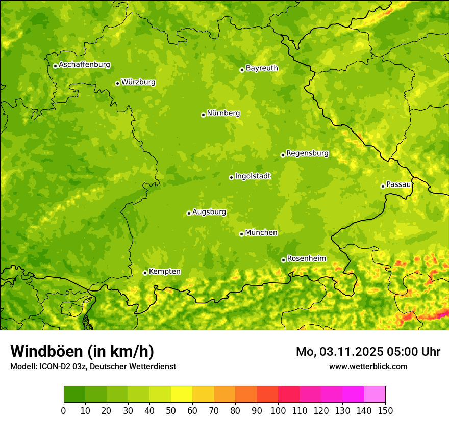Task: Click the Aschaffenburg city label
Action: [84, 65]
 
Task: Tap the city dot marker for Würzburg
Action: [117, 83]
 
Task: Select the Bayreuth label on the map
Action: [262, 68]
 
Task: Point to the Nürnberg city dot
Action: [203, 115]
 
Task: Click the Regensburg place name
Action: [307, 153]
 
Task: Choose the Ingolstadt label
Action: [253, 176]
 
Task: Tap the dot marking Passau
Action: [383, 186]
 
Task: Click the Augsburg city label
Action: [209, 212]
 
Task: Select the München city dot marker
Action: [241, 234]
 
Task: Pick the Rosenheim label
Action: [306, 259]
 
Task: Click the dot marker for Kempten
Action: [145, 273]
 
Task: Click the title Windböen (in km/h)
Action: [82, 352]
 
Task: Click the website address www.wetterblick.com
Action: [368, 366]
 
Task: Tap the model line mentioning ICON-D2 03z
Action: [93, 366]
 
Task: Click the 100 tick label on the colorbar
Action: [278, 411]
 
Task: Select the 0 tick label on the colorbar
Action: [64, 411]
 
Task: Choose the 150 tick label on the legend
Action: [385, 411]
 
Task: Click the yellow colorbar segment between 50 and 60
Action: [182, 394]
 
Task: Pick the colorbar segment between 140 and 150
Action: [375, 394]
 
